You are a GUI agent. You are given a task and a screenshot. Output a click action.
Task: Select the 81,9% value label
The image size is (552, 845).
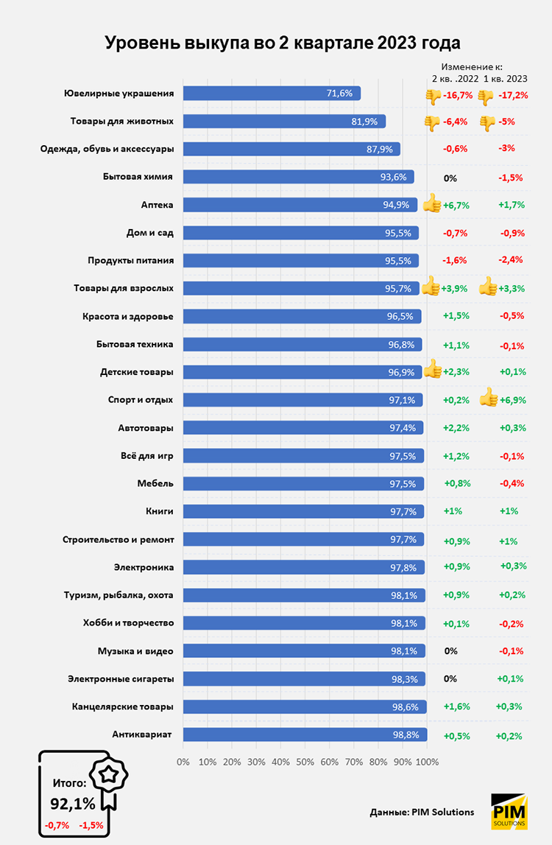[x=365, y=122]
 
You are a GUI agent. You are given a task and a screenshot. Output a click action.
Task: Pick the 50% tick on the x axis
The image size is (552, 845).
[x=305, y=762]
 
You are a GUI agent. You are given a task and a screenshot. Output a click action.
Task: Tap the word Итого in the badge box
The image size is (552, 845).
[x=70, y=783]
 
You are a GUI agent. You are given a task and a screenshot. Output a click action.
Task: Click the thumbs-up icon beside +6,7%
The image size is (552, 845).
[x=431, y=203]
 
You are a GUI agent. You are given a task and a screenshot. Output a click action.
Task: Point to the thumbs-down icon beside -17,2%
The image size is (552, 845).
[x=485, y=97]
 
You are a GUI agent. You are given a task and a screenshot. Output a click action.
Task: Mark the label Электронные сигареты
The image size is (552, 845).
[x=121, y=679]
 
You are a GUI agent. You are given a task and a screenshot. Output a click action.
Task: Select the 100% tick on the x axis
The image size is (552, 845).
[x=428, y=762]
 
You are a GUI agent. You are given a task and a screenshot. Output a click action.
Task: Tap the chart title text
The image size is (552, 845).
[x=276, y=42]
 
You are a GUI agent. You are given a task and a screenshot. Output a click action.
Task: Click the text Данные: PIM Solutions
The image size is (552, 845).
[x=422, y=812]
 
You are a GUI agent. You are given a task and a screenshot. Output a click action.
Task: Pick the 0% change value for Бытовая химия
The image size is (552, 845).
[x=450, y=178]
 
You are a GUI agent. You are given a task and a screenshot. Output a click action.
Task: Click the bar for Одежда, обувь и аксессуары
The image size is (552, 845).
[x=291, y=149]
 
